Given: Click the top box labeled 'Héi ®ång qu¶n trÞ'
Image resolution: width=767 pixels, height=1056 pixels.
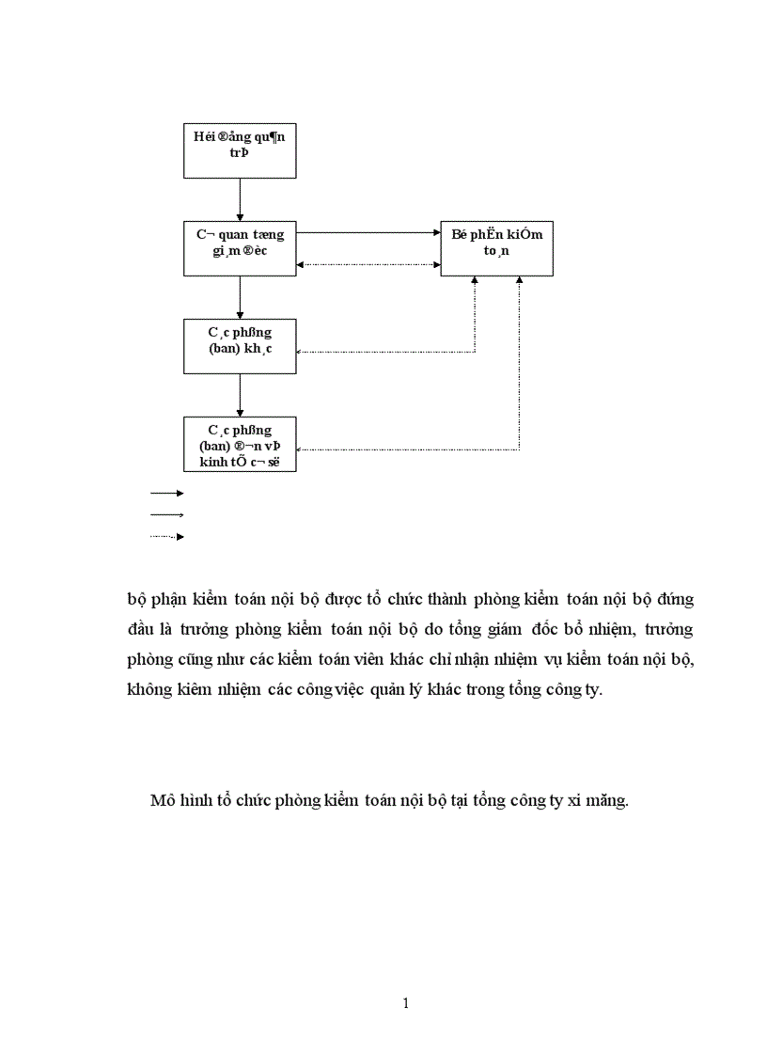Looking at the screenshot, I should pyautogui.click(x=240, y=150).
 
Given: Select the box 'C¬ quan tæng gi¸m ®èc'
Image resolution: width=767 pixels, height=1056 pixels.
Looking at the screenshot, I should pyautogui.click(x=240, y=248).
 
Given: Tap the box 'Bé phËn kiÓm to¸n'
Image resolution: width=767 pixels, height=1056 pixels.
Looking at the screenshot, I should pyautogui.click(x=496, y=248).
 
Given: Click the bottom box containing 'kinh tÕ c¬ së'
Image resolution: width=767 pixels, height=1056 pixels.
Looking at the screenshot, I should pyautogui.click(x=240, y=443).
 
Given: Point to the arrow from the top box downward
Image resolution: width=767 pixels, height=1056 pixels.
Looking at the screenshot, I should pyautogui.click(x=240, y=199).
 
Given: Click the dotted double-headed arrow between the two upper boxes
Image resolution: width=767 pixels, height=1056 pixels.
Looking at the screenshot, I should pyautogui.click(x=368, y=264).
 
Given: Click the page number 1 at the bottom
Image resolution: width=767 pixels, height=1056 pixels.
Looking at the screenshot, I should pyautogui.click(x=405, y=1003).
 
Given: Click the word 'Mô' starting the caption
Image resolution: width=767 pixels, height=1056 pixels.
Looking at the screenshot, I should pyautogui.click(x=162, y=801).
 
